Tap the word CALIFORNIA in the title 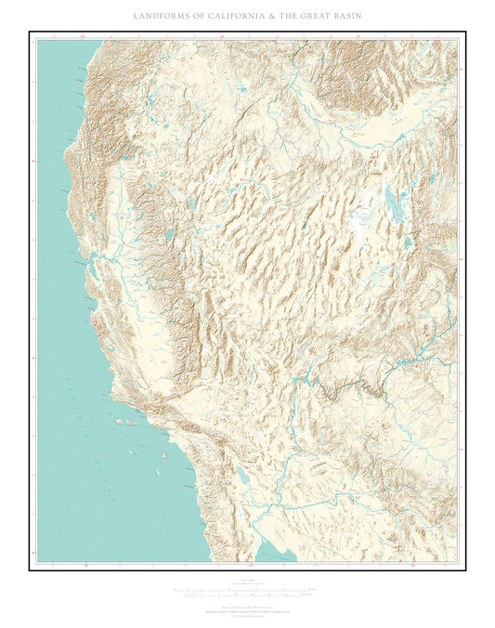coord(228,17)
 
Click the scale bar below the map coord(246,591)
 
